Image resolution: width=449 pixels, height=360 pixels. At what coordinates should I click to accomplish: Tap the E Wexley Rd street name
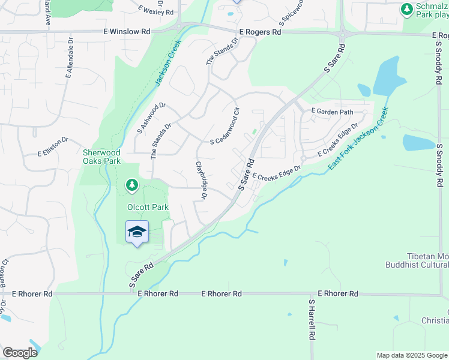[x=155, y=10]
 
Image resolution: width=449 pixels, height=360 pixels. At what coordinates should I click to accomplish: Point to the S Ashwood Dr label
[x=151, y=117]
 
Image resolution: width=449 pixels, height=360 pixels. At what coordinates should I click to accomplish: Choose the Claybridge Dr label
[x=201, y=180]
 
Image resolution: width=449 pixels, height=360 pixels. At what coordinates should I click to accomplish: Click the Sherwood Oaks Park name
[x=101, y=157]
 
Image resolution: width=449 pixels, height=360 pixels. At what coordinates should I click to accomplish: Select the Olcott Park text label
[x=147, y=207]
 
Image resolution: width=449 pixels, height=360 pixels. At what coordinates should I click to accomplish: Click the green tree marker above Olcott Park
[x=131, y=185]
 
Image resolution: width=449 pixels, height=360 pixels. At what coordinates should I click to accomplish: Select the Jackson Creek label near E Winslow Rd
[x=167, y=64]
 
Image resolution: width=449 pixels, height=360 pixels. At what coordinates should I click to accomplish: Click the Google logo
[x=20, y=353]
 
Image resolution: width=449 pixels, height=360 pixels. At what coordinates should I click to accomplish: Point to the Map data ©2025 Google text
[x=411, y=355]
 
